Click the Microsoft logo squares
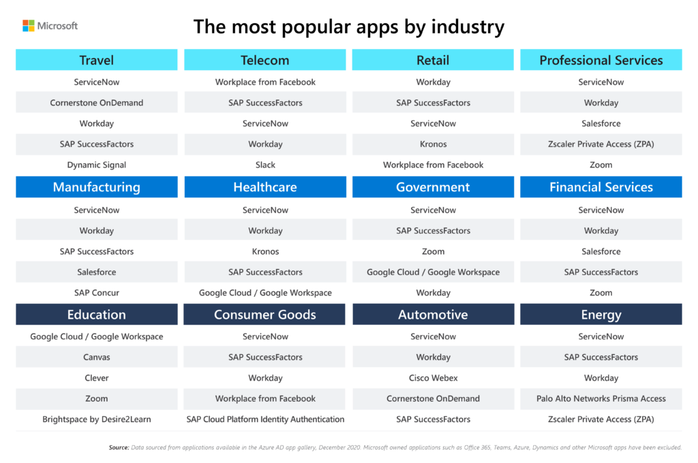[28, 26]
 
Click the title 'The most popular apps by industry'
[348, 27]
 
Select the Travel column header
[97, 60]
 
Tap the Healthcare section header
[265, 187]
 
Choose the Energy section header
[601, 315]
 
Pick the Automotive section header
[433, 315]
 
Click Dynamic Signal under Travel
[97, 165]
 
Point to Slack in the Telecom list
[265, 165]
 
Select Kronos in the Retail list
[433, 144]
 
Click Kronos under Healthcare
[265, 251]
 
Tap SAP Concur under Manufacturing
[97, 293]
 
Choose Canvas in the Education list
[97, 357]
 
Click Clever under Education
[97, 378]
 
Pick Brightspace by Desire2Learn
[97, 419]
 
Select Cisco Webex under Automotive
[433, 378]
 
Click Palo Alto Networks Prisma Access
[601, 398]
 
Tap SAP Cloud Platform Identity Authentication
[265, 419]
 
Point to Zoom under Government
[433, 251]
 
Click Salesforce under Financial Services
[601, 251]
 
